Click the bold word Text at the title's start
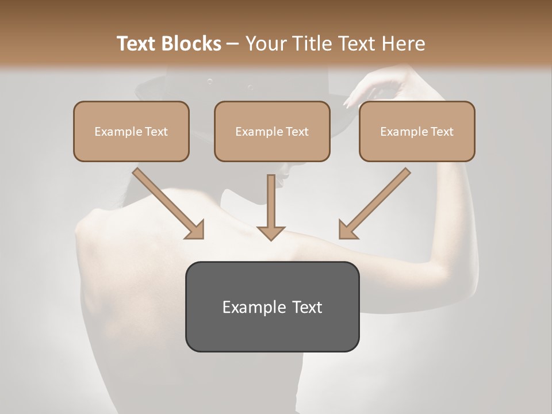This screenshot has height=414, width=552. [x=137, y=44]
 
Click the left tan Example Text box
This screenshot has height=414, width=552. [x=131, y=131]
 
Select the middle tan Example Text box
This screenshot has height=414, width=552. [x=272, y=131]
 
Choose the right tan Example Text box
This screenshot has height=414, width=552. [x=417, y=131]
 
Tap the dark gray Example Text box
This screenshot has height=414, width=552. [x=272, y=306]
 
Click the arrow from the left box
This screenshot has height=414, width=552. [x=167, y=202]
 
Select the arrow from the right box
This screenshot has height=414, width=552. [x=375, y=202]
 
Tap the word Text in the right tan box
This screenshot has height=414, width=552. [x=442, y=132]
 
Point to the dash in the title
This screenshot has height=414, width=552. [x=233, y=44]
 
